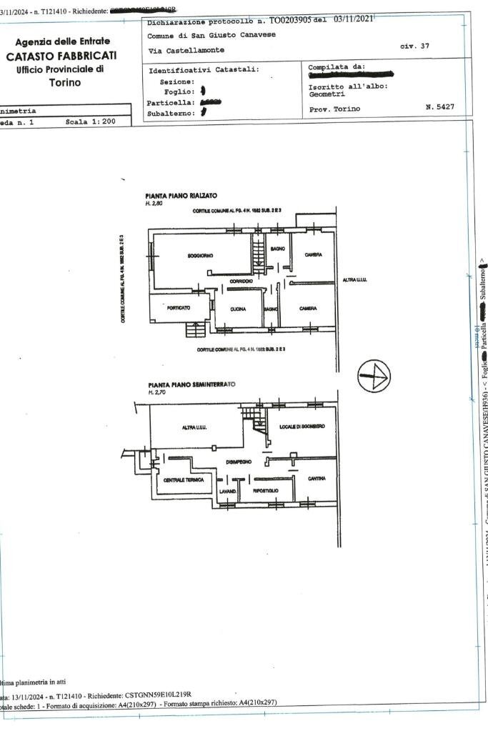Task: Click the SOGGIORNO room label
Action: pyautogui.click(x=200, y=255)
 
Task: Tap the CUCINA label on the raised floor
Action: pyautogui.click(x=238, y=309)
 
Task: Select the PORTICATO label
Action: pyautogui.click(x=178, y=308)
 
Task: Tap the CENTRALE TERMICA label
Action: pyautogui.click(x=184, y=479)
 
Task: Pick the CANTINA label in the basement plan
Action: pyautogui.click(x=317, y=478)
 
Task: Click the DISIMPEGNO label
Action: pyautogui.click(x=239, y=462)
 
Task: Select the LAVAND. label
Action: pyautogui.click(x=227, y=491)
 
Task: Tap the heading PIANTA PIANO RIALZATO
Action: pyautogui.click(x=181, y=196)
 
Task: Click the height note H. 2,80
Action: pyautogui.click(x=154, y=204)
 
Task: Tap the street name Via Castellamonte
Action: pyautogui.click(x=186, y=50)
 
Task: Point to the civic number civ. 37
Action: pyautogui.click(x=414, y=45)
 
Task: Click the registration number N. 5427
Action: pyautogui.click(x=439, y=108)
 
